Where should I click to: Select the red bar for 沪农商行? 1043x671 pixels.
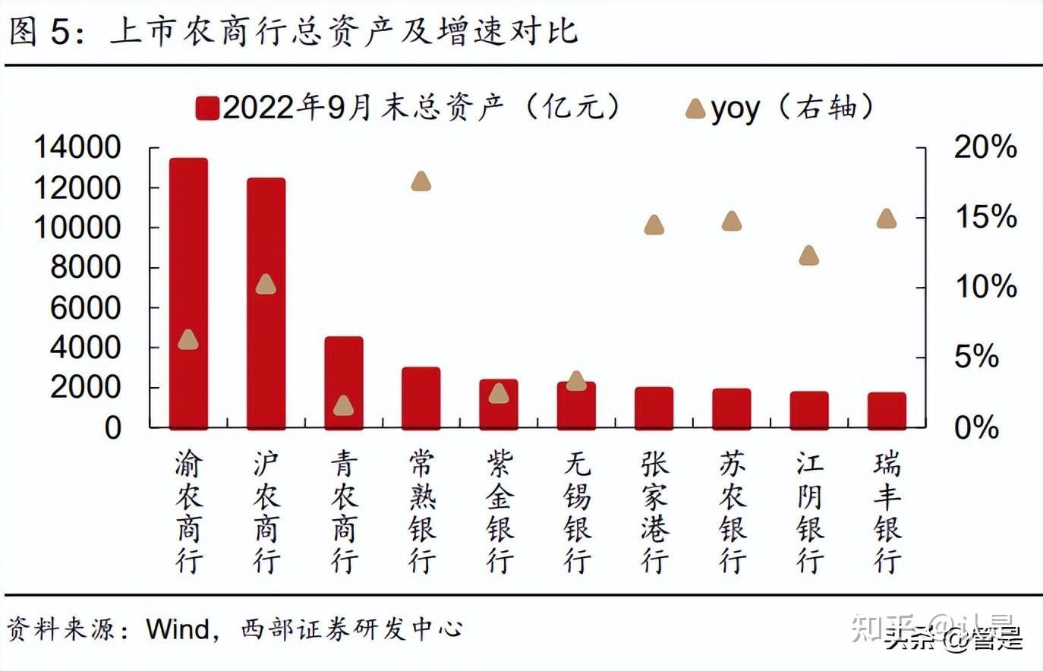tap(266, 304)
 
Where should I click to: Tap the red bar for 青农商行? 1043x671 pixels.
tap(344, 383)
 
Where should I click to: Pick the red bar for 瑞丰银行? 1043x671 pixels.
tap(887, 411)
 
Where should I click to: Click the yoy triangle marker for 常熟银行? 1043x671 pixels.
tap(421, 181)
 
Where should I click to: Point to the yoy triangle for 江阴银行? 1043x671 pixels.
tap(809, 255)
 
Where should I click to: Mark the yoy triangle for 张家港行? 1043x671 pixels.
tap(654, 225)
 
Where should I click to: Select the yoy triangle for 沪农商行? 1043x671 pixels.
tap(266, 285)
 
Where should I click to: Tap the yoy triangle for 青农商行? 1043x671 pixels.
tap(344, 405)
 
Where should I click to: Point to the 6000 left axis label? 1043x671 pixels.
tap(85, 307)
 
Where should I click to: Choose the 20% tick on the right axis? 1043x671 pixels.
tap(985, 147)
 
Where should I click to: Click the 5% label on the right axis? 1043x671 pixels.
tap(975, 356)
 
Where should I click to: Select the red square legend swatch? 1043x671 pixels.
tap(206, 109)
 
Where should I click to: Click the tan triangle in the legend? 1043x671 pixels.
tap(695, 109)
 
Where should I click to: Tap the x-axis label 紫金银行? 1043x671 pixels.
tap(499, 512)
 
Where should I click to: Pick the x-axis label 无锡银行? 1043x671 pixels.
tap(577, 512)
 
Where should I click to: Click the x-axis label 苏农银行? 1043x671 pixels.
tap(733, 512)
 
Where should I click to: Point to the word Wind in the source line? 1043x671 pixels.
tap(178, 629)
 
